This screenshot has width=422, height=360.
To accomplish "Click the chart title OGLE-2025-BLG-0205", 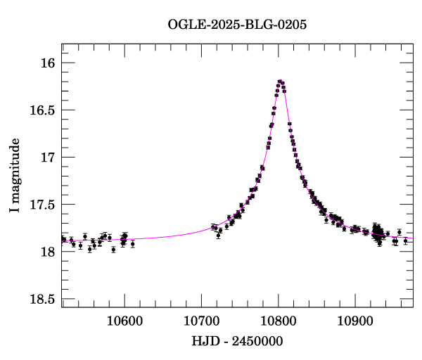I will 237,25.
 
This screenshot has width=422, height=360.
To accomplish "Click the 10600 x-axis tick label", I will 124,321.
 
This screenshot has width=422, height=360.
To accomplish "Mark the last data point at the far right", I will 406,240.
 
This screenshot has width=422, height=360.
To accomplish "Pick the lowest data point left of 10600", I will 113,249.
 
